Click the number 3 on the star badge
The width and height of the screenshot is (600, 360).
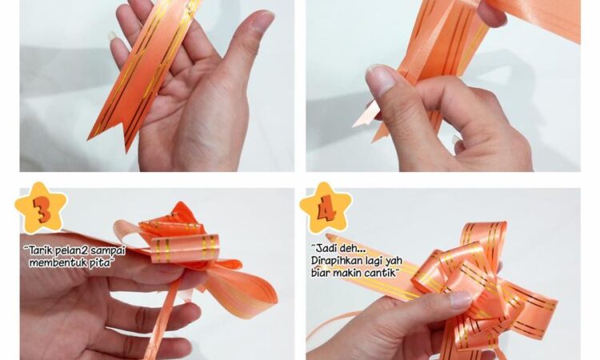[42, 210]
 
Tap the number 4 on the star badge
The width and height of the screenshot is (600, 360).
[326, 209]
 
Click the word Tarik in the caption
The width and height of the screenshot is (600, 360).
[41, 251]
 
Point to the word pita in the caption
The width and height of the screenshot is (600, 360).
[99, 263]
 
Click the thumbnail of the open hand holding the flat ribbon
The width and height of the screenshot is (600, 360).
[263, 19]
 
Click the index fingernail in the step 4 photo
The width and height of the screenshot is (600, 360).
[460, 300]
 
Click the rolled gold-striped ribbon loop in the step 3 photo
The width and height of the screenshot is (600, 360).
[186, 249]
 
